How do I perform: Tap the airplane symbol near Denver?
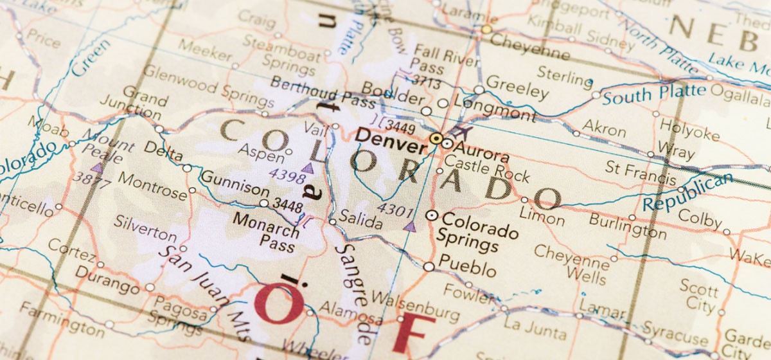coord(459,133)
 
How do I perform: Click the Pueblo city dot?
coord(429,266)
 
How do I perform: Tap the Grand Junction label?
coord(142,105)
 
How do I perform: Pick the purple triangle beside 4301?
coord(409,226)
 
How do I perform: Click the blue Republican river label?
coord(687,192)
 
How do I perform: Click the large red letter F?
coord(412,332)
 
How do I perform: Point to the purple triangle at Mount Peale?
coord(97,167)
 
